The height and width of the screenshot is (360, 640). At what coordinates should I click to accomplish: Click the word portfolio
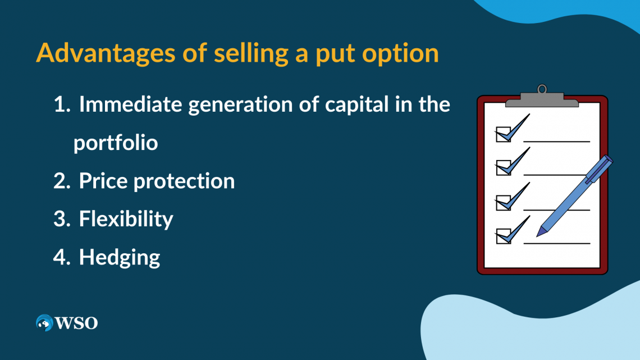point(115,143)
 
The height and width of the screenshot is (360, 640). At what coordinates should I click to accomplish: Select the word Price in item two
point(106,181)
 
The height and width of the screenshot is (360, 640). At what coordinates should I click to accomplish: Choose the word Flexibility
point(126,219)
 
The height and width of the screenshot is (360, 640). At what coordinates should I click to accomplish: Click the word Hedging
point(120,258)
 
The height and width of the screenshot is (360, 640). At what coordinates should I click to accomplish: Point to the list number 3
point(60,219)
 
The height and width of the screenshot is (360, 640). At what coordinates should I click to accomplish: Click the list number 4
point(60,257)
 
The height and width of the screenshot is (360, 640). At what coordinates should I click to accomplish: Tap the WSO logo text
point(76,323)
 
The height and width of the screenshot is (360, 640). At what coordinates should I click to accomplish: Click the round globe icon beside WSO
point(44,323)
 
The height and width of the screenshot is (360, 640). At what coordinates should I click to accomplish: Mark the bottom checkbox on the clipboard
point(502,237)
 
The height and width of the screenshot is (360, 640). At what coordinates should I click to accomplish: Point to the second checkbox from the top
point(502,167)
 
